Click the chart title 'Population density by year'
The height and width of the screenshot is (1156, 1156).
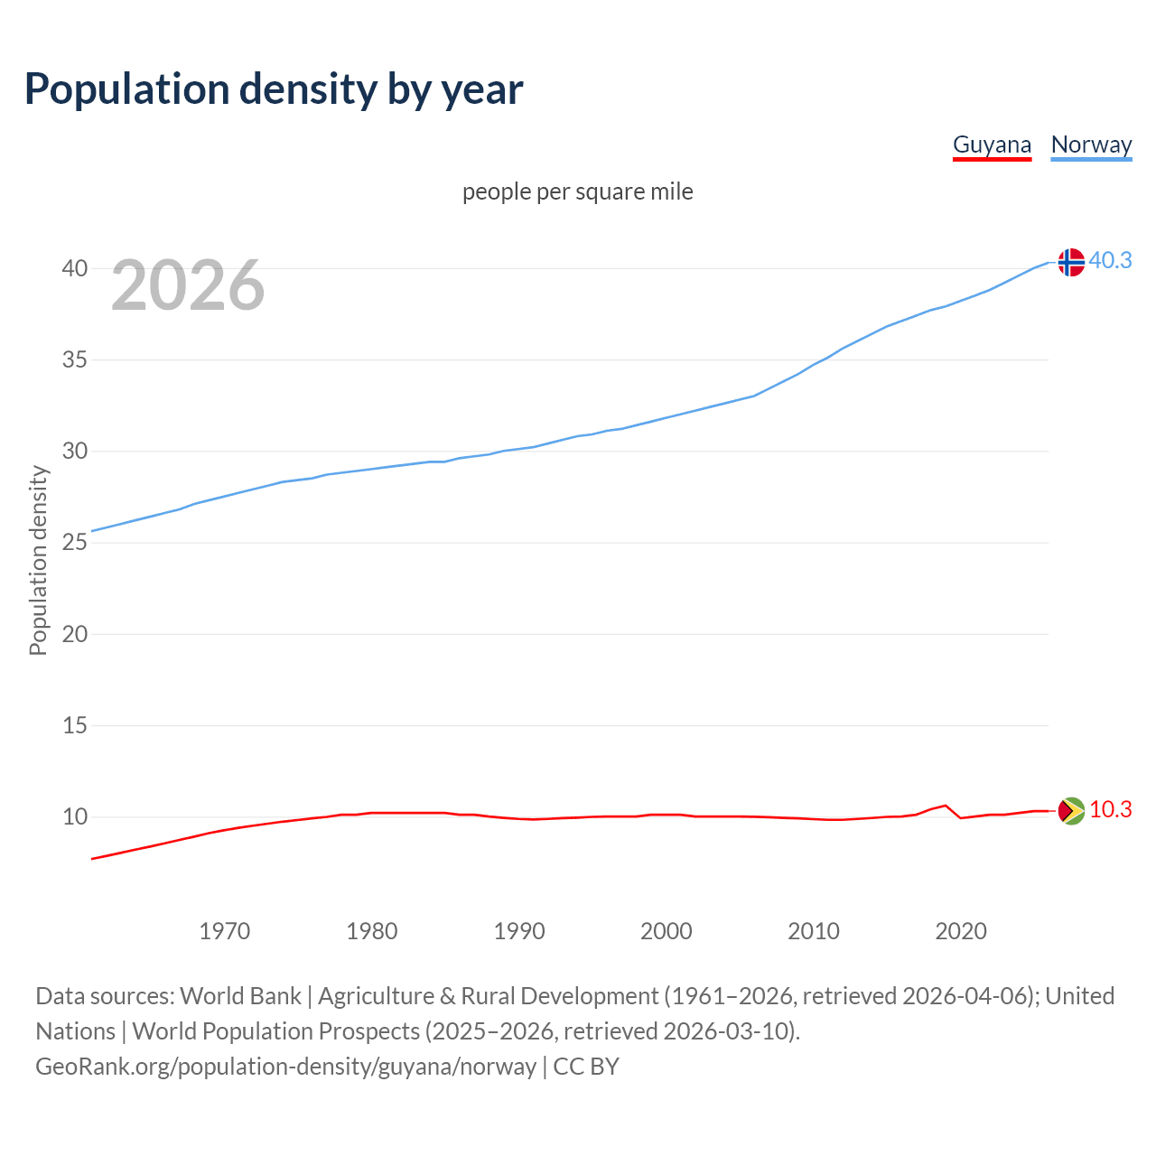click(x=274, y=89)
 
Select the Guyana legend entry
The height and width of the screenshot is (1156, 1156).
click(x=992, y=145)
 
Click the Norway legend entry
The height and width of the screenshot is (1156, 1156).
click(x=1091, y=145)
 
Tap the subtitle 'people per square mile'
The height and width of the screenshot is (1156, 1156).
click(x=577, y=191)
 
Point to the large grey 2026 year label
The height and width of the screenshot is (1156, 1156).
click(x=188, y=285)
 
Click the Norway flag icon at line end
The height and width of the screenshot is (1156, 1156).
click(x=1070, y=262)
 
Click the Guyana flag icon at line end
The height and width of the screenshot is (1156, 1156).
click(x=1070, y=811)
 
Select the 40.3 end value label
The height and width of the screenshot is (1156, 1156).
click(x=1110, y=260)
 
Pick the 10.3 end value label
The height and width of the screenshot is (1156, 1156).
click(x=1110, y=809)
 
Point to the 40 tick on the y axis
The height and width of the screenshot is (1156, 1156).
click(x=75, y=268)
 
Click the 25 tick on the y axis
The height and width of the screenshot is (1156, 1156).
click(x=75, y=543)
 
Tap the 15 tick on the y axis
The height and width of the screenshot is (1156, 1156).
click(x=75, y=725)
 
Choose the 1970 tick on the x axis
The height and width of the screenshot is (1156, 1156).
click(x=224, y=931)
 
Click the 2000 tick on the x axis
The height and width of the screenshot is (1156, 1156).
click(x=666, y=931)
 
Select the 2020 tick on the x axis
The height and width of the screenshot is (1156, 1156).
click(x=960, y=931)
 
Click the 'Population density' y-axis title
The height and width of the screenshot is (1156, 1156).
click(x=38, y=560)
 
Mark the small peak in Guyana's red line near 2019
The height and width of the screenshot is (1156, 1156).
click(x=945, y=806)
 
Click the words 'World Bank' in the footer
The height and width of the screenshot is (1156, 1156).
click(x=240, y=996)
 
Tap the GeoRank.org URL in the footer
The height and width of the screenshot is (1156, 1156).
click(x=285, y=1067)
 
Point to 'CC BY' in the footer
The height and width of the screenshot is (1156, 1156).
click(x=586, y=1067)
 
